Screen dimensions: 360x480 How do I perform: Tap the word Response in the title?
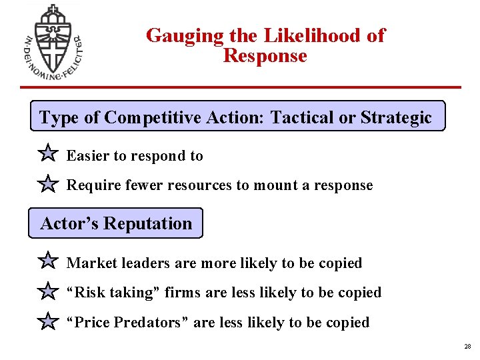pos(265,56)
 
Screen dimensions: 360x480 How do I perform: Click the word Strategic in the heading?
pos(396,118)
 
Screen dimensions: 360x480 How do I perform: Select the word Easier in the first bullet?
pos(88,156)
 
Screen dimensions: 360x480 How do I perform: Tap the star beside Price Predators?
pos(48,322)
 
